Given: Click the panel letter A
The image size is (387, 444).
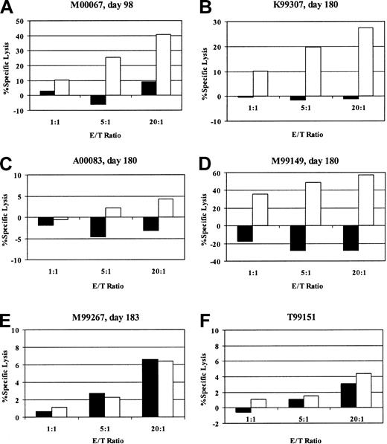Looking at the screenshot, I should click(8, 7).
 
